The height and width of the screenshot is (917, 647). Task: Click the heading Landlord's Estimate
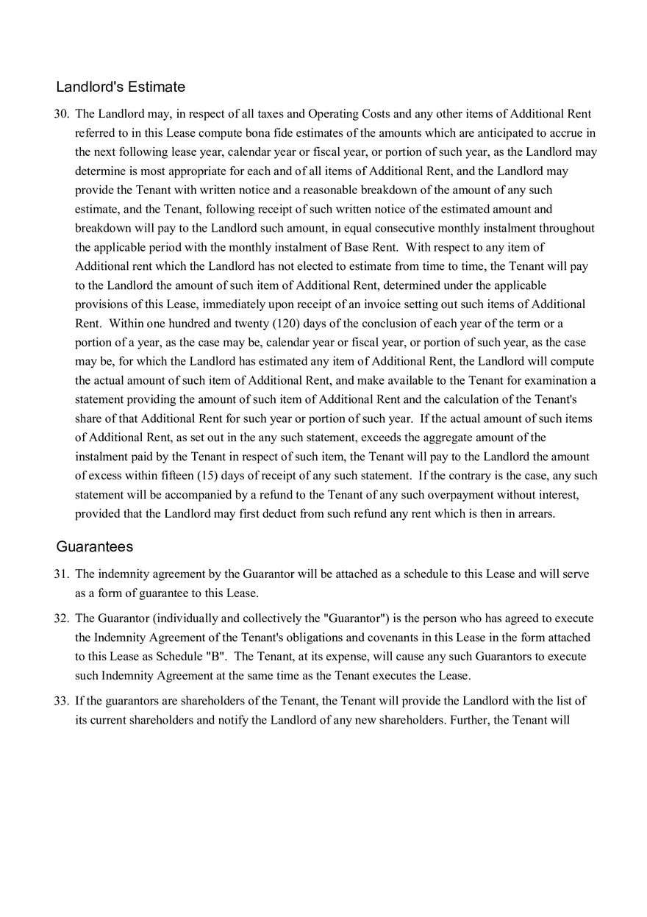121,87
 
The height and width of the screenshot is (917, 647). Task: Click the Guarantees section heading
95,547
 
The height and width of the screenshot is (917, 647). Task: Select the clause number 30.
61,114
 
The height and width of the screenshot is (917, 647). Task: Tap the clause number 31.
61,574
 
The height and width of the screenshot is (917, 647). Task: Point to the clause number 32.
61,618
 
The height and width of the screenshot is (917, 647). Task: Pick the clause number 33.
61,701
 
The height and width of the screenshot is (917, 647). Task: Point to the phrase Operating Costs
343,114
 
